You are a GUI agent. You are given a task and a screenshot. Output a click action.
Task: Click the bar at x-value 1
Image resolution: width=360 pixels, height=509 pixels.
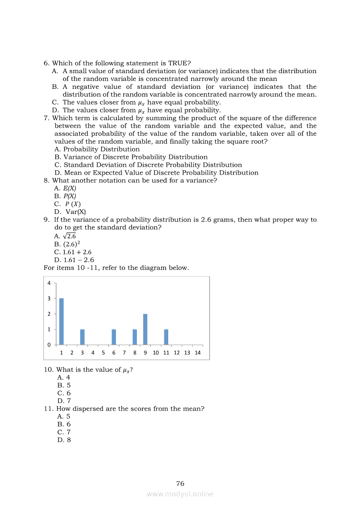pyautogui.click(x=61, y=321)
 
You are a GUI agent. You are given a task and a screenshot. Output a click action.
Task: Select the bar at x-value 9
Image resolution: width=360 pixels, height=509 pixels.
pyautogui.click(x=145, y=329)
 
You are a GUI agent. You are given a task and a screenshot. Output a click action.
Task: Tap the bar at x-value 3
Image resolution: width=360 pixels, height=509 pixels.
pyautogui.click(x=82, y=337)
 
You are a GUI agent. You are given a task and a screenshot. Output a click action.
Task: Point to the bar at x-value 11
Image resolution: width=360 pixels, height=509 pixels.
pyautogui.click(x=166, y=337)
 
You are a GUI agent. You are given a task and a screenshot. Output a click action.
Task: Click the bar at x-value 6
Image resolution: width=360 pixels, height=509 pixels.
pyautogui.click(x=114, y=337)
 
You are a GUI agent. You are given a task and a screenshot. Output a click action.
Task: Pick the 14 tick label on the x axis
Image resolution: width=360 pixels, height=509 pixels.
pyautogui.click(x=197, y=353)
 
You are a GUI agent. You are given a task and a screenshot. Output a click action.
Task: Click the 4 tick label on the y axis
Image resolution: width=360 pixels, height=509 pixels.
pyautogui.click(x=49, y=283)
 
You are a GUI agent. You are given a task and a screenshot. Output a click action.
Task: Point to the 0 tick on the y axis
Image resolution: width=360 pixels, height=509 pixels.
pyautogui.click(x=49, y=345)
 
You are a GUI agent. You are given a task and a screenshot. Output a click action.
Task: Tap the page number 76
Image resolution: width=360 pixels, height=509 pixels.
pyautogui.click(x=180, y=483)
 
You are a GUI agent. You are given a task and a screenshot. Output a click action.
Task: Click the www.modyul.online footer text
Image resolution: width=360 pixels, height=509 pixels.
pyautogui.click(x=180, y=494)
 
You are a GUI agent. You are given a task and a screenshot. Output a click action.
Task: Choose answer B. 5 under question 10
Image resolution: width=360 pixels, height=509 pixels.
pyautogui.click(x=64, y=385)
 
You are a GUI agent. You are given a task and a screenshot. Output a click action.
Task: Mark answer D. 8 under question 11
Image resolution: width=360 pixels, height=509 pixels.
pyautogui.click(x=64, y=440)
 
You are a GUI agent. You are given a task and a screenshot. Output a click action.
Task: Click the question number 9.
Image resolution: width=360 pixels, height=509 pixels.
pyautogui.click(x=46, y=220)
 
